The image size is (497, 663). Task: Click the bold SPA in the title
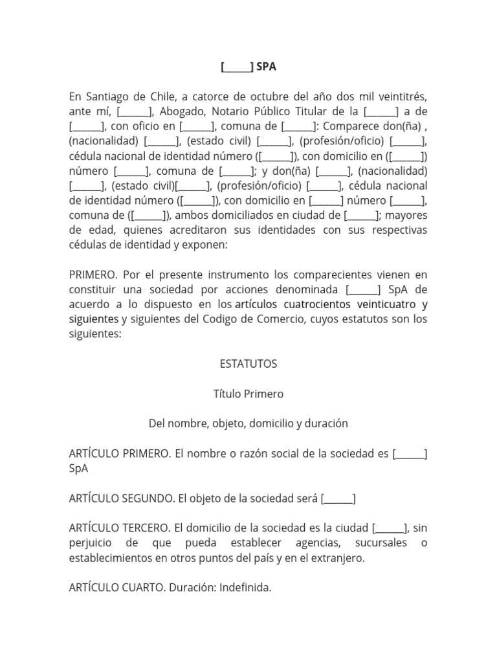click(266, 67)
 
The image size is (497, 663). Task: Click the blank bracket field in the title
click(236, 67)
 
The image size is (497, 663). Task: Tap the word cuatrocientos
click(327, 304)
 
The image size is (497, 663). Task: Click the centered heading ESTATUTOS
click(248, 364)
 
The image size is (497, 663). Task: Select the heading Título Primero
click(248, 394)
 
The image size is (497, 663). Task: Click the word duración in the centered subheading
click(324, 423)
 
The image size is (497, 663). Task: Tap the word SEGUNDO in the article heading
click(146, 499)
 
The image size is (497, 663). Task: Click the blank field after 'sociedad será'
click(338, 499)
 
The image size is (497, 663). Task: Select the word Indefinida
click(245, 588)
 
